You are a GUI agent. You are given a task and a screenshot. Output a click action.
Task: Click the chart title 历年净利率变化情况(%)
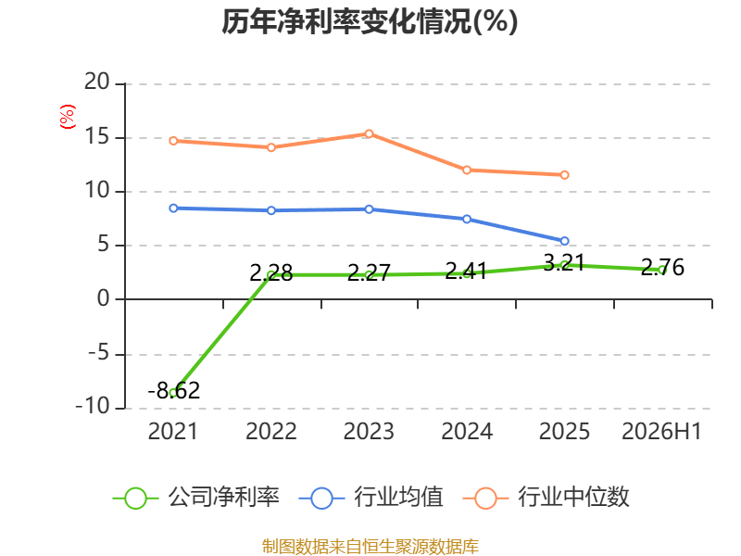[x=370, y=21]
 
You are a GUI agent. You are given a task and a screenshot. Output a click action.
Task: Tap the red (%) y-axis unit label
[x=68, y=117]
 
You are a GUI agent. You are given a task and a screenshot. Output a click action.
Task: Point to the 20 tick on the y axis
[x=97, y=82]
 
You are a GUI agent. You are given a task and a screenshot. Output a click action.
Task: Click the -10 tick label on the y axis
[x=93, y=406]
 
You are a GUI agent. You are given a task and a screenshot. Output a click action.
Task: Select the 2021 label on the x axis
[x=173, y=432]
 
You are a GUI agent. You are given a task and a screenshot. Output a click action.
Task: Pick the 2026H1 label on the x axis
[x=661, y=432]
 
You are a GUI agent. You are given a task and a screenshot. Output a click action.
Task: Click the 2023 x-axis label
[x=369, y=432]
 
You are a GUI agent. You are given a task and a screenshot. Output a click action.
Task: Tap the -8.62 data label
[x=174, y=390]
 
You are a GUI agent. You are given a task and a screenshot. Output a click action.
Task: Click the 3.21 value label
[x=564, y=263]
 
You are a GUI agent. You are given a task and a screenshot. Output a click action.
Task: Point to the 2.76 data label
[x=662, y=268]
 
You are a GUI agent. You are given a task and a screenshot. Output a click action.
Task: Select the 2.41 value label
[x=466, y=272]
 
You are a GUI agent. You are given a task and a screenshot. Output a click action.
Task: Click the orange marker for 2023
[x=369, y=133]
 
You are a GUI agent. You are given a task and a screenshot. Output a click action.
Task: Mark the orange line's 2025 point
[x=564, y=175]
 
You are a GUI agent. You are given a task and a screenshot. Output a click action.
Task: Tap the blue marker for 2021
[x=173, y=208]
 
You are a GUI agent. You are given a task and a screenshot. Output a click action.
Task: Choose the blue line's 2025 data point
[x=564, y=241]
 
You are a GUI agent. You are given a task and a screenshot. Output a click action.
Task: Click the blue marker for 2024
[x=467, y=219]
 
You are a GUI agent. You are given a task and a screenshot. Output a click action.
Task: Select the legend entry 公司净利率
[x=195, y=498]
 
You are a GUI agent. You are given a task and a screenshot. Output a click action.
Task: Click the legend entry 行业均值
[x=371, y=498]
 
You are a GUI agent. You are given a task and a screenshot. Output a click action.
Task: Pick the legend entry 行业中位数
[x=546, y=498]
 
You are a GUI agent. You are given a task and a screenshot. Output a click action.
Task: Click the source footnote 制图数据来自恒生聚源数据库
[x=370, y=547]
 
